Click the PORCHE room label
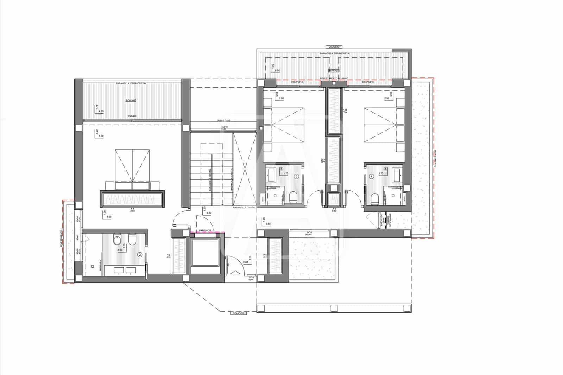tap(131, 100)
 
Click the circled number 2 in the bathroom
tap(140, 254)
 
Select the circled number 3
tap(297, 176)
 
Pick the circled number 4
tap(372, 176)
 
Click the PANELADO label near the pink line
tap(205, 230)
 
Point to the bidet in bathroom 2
tap(117, 241)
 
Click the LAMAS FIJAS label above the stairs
tap(224, 121)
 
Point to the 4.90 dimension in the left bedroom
tap(109, 217)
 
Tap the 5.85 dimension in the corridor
tap(268, 223)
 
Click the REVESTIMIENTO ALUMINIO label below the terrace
tap(334, 78)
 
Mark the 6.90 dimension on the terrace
tap(277, 70)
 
